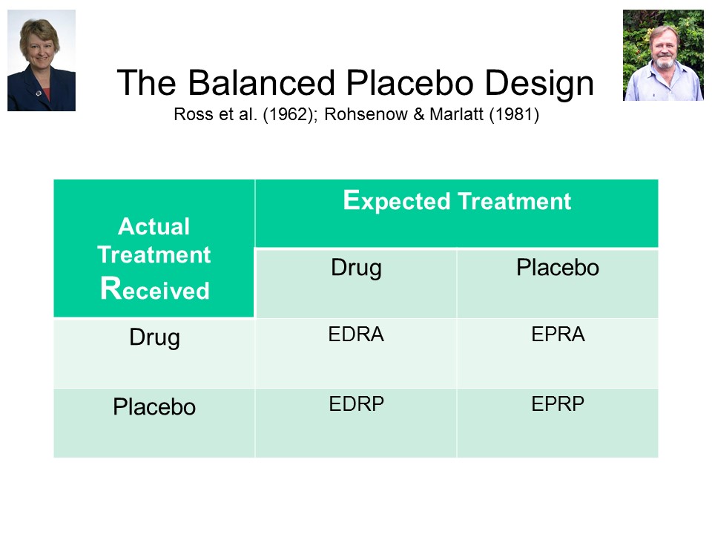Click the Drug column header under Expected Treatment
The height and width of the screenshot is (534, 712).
[x=356, y=268]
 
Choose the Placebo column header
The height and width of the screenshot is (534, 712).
[x=558, y=267]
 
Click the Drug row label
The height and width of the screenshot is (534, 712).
[x=154, y=338]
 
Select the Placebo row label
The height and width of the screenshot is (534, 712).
[x=154, y=406]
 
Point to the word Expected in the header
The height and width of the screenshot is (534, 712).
[x=396, y=201]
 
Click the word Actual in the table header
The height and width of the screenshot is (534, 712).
[x=154, y=226]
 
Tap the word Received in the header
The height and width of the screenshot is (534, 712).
[x=155, y=289]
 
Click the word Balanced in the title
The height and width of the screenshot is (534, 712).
[x=263, y=82]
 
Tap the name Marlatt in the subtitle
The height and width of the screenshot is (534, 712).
[x=456, y=114]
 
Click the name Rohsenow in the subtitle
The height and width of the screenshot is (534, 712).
[x=366, y=114]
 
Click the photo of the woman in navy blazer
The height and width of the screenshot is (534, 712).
[x=42, y=60]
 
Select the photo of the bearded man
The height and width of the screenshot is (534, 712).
[x=663, y=56]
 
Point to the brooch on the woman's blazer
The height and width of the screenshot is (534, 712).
[x=39, y=93]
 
